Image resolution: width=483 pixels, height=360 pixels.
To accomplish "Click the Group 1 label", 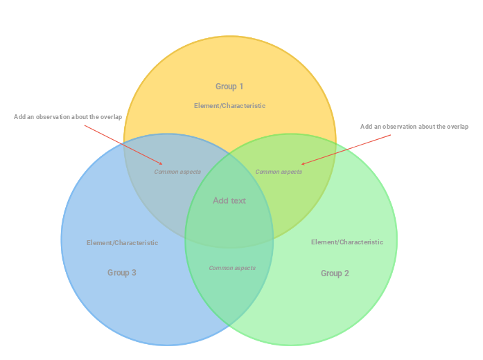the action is (x=229, y=87).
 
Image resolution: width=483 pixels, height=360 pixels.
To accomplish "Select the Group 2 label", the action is (x=335, y=273).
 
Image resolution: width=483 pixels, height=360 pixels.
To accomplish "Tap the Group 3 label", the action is (x=121, y=273).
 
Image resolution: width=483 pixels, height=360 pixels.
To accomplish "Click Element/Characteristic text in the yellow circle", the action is (x=229, y=106).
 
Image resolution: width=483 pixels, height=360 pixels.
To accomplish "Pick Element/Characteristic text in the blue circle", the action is (x=122, y=243).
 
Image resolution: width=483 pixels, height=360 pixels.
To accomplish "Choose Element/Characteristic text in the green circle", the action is (x=346, y=242).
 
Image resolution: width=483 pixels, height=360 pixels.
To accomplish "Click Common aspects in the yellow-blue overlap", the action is (x=177, y=172).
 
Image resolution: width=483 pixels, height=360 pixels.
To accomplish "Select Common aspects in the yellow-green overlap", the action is (x=279, y=172).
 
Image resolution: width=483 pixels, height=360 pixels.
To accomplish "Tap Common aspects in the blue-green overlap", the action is (x=232, y=268).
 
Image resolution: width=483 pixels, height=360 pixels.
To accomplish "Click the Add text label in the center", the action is (x=229, y=201).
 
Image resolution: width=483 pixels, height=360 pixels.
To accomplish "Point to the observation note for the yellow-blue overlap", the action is (x=68, y=117).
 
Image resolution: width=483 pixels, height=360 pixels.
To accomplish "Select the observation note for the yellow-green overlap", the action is (x=414, y=127).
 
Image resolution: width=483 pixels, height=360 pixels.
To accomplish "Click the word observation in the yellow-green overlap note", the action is (x=404, y=127).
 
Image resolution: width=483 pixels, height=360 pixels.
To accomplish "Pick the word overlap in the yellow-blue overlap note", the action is (x=111, y=117).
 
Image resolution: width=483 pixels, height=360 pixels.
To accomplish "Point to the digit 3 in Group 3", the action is (x=134, y=273).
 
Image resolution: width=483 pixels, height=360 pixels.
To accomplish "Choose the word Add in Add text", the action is (x=220, y=201).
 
